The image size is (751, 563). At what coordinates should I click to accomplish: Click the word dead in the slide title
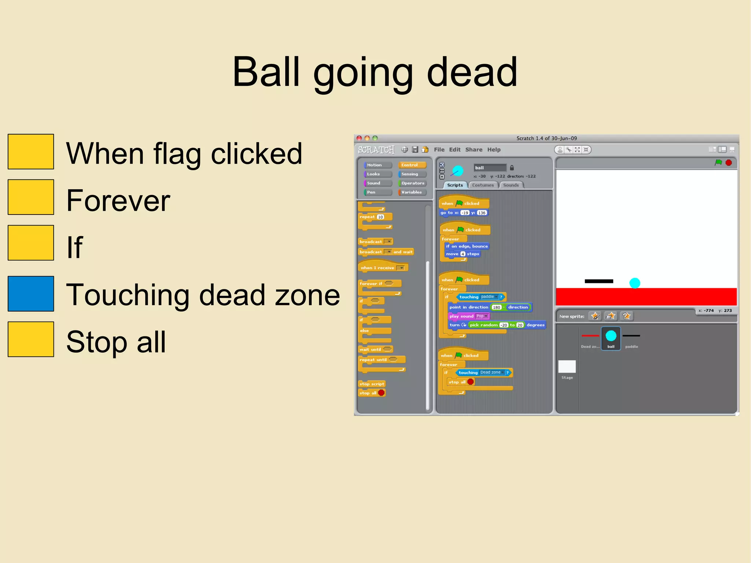(472, 72)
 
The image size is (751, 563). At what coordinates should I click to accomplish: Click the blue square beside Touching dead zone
(31, 294)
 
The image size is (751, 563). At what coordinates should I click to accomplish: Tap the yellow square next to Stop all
(31, 339)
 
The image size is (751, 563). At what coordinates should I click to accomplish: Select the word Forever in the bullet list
(118, 201)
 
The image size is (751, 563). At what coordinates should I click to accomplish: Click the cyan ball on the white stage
(635, 283)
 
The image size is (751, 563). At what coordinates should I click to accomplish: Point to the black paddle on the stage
(599, 281)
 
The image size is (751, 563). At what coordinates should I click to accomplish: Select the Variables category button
(412, 192)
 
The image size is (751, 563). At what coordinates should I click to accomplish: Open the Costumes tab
(483, 185)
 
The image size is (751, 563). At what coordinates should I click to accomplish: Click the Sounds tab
(511, 185)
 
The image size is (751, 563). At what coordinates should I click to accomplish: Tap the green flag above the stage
(718, 162)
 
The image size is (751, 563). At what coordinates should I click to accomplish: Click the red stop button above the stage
(729, 162)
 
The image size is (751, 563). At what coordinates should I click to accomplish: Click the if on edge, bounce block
(466, 246)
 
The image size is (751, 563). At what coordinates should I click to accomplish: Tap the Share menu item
(474, 150)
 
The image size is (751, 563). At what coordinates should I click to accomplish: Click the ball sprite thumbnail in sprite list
(611, 338)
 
